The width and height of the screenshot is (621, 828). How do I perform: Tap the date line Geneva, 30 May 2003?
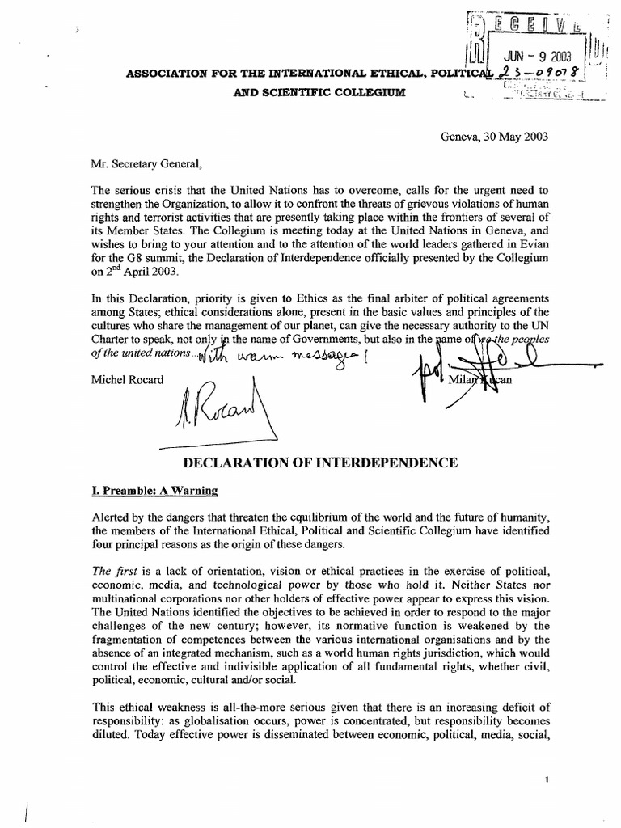[x=495, y=137]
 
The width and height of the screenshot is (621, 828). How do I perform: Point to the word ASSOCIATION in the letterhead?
[x=161, y=73]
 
